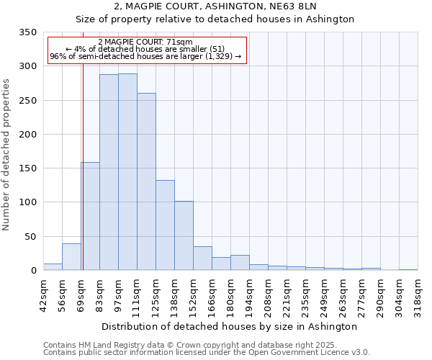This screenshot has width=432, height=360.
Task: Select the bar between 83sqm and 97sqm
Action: coord(109,172)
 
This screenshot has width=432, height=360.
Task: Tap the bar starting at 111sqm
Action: coord(146,181)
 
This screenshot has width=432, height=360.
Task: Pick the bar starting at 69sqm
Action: coord(91,216)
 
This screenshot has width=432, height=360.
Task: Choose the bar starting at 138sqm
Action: coord(184,235)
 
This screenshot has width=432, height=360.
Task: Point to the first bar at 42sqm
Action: coord(53,266)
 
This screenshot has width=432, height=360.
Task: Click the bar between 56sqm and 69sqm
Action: coord(71,257)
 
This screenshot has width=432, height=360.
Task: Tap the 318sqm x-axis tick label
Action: coord(418,296)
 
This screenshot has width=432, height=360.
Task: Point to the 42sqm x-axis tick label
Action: coord(44,296)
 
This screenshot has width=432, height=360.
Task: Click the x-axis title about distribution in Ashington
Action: coord(230,326)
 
